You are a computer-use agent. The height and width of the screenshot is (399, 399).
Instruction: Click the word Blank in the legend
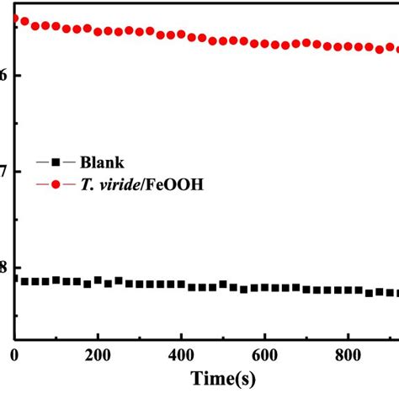click(104, 161)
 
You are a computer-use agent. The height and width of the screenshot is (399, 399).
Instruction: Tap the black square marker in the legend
click(56, 161)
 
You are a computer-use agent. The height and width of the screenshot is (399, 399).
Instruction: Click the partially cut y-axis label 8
click(3, 269)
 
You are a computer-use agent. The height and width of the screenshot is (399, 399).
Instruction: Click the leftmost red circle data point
click(14, 18)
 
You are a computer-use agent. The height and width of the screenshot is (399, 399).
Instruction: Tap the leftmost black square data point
click(14, 279)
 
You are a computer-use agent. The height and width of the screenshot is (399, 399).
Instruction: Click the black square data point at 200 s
click(98, 279)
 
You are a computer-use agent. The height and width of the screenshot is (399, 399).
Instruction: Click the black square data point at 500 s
click(223, 285)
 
